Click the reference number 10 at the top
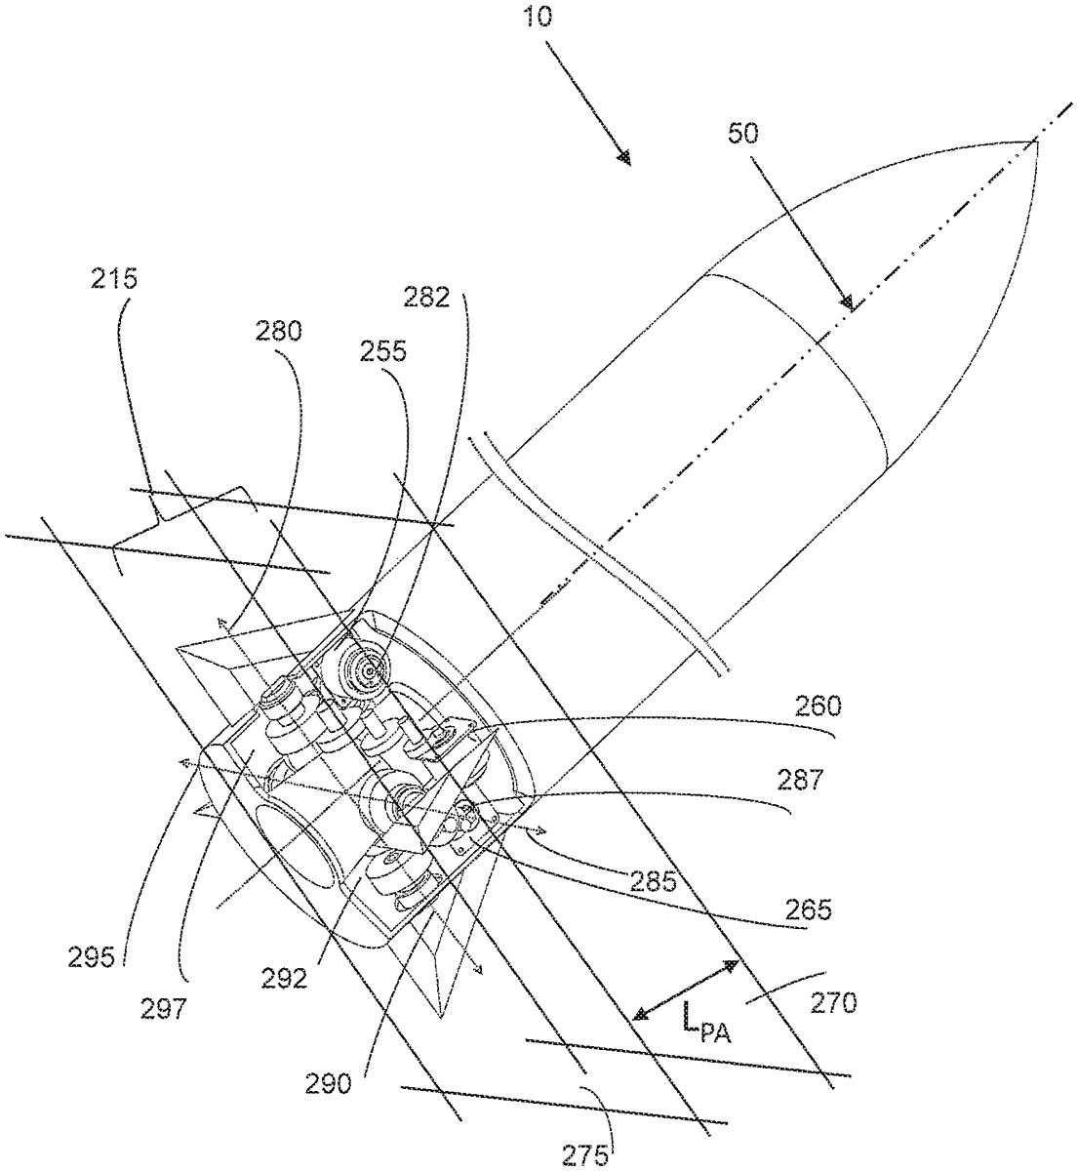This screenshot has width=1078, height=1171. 537,18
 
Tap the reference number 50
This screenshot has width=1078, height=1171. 743,135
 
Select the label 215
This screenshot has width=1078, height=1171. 114,280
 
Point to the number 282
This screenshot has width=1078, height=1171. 426,298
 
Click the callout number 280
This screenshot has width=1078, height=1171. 278,332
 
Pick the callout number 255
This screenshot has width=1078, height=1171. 382,352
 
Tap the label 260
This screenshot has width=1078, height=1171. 818,707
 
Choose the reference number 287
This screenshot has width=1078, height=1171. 799,780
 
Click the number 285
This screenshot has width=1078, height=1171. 653,882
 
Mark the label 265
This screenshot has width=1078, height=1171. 808,909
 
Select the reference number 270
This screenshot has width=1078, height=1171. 833,1003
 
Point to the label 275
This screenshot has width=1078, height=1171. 584,1155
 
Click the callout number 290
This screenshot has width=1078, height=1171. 328,1083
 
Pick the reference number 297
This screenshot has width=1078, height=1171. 164,1008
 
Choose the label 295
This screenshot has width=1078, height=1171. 91,958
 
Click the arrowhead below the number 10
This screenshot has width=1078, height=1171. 625,158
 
